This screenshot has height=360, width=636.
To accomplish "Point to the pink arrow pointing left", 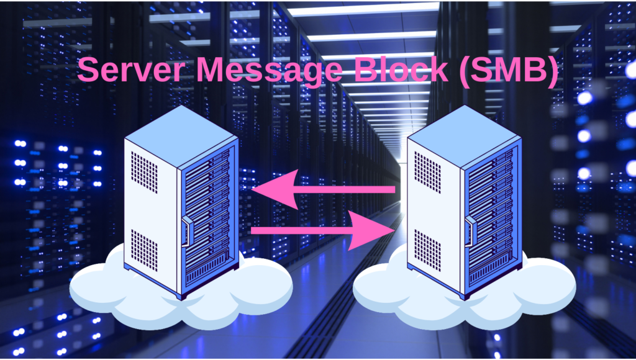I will tap(323, 189).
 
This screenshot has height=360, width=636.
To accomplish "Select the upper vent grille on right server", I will tap(427, 164).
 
